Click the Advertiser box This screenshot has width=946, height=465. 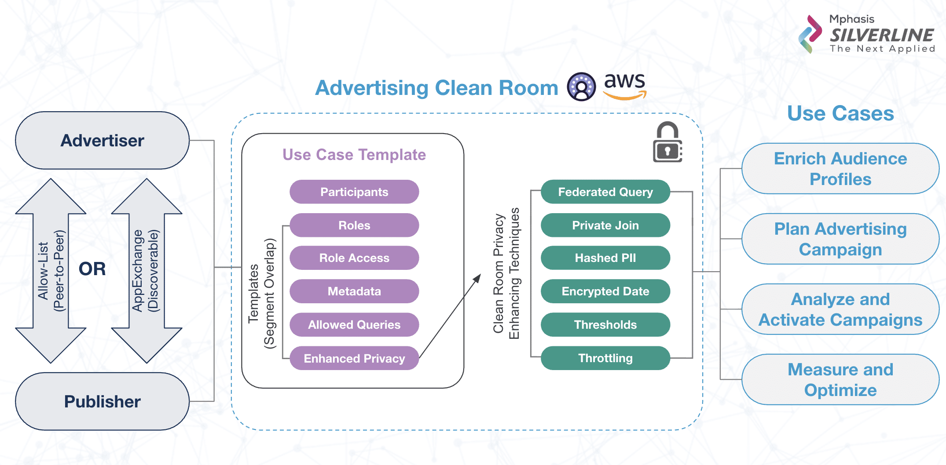[102, 141]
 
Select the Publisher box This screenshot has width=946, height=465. [102, 402]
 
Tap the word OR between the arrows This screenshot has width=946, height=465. [92, 269]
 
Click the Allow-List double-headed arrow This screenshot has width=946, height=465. [51, 271]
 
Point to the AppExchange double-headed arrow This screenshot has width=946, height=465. [147, 271]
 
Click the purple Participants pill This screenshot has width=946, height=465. [354, 192]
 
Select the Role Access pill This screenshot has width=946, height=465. [354, 258]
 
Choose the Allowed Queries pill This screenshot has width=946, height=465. [354, 325]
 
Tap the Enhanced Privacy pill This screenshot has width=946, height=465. [354, 359]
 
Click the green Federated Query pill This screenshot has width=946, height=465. [605, 192]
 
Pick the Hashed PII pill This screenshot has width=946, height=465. [605, 258]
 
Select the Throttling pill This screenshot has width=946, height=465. [605, 358]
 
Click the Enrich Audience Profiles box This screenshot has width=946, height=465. [840, 169]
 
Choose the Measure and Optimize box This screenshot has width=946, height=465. [840, 380]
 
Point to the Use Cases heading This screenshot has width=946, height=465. [840, 113]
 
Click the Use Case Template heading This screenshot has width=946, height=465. [354, 155]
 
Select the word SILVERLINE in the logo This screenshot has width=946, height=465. [882, 35]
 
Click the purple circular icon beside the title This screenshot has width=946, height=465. [581, 87]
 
